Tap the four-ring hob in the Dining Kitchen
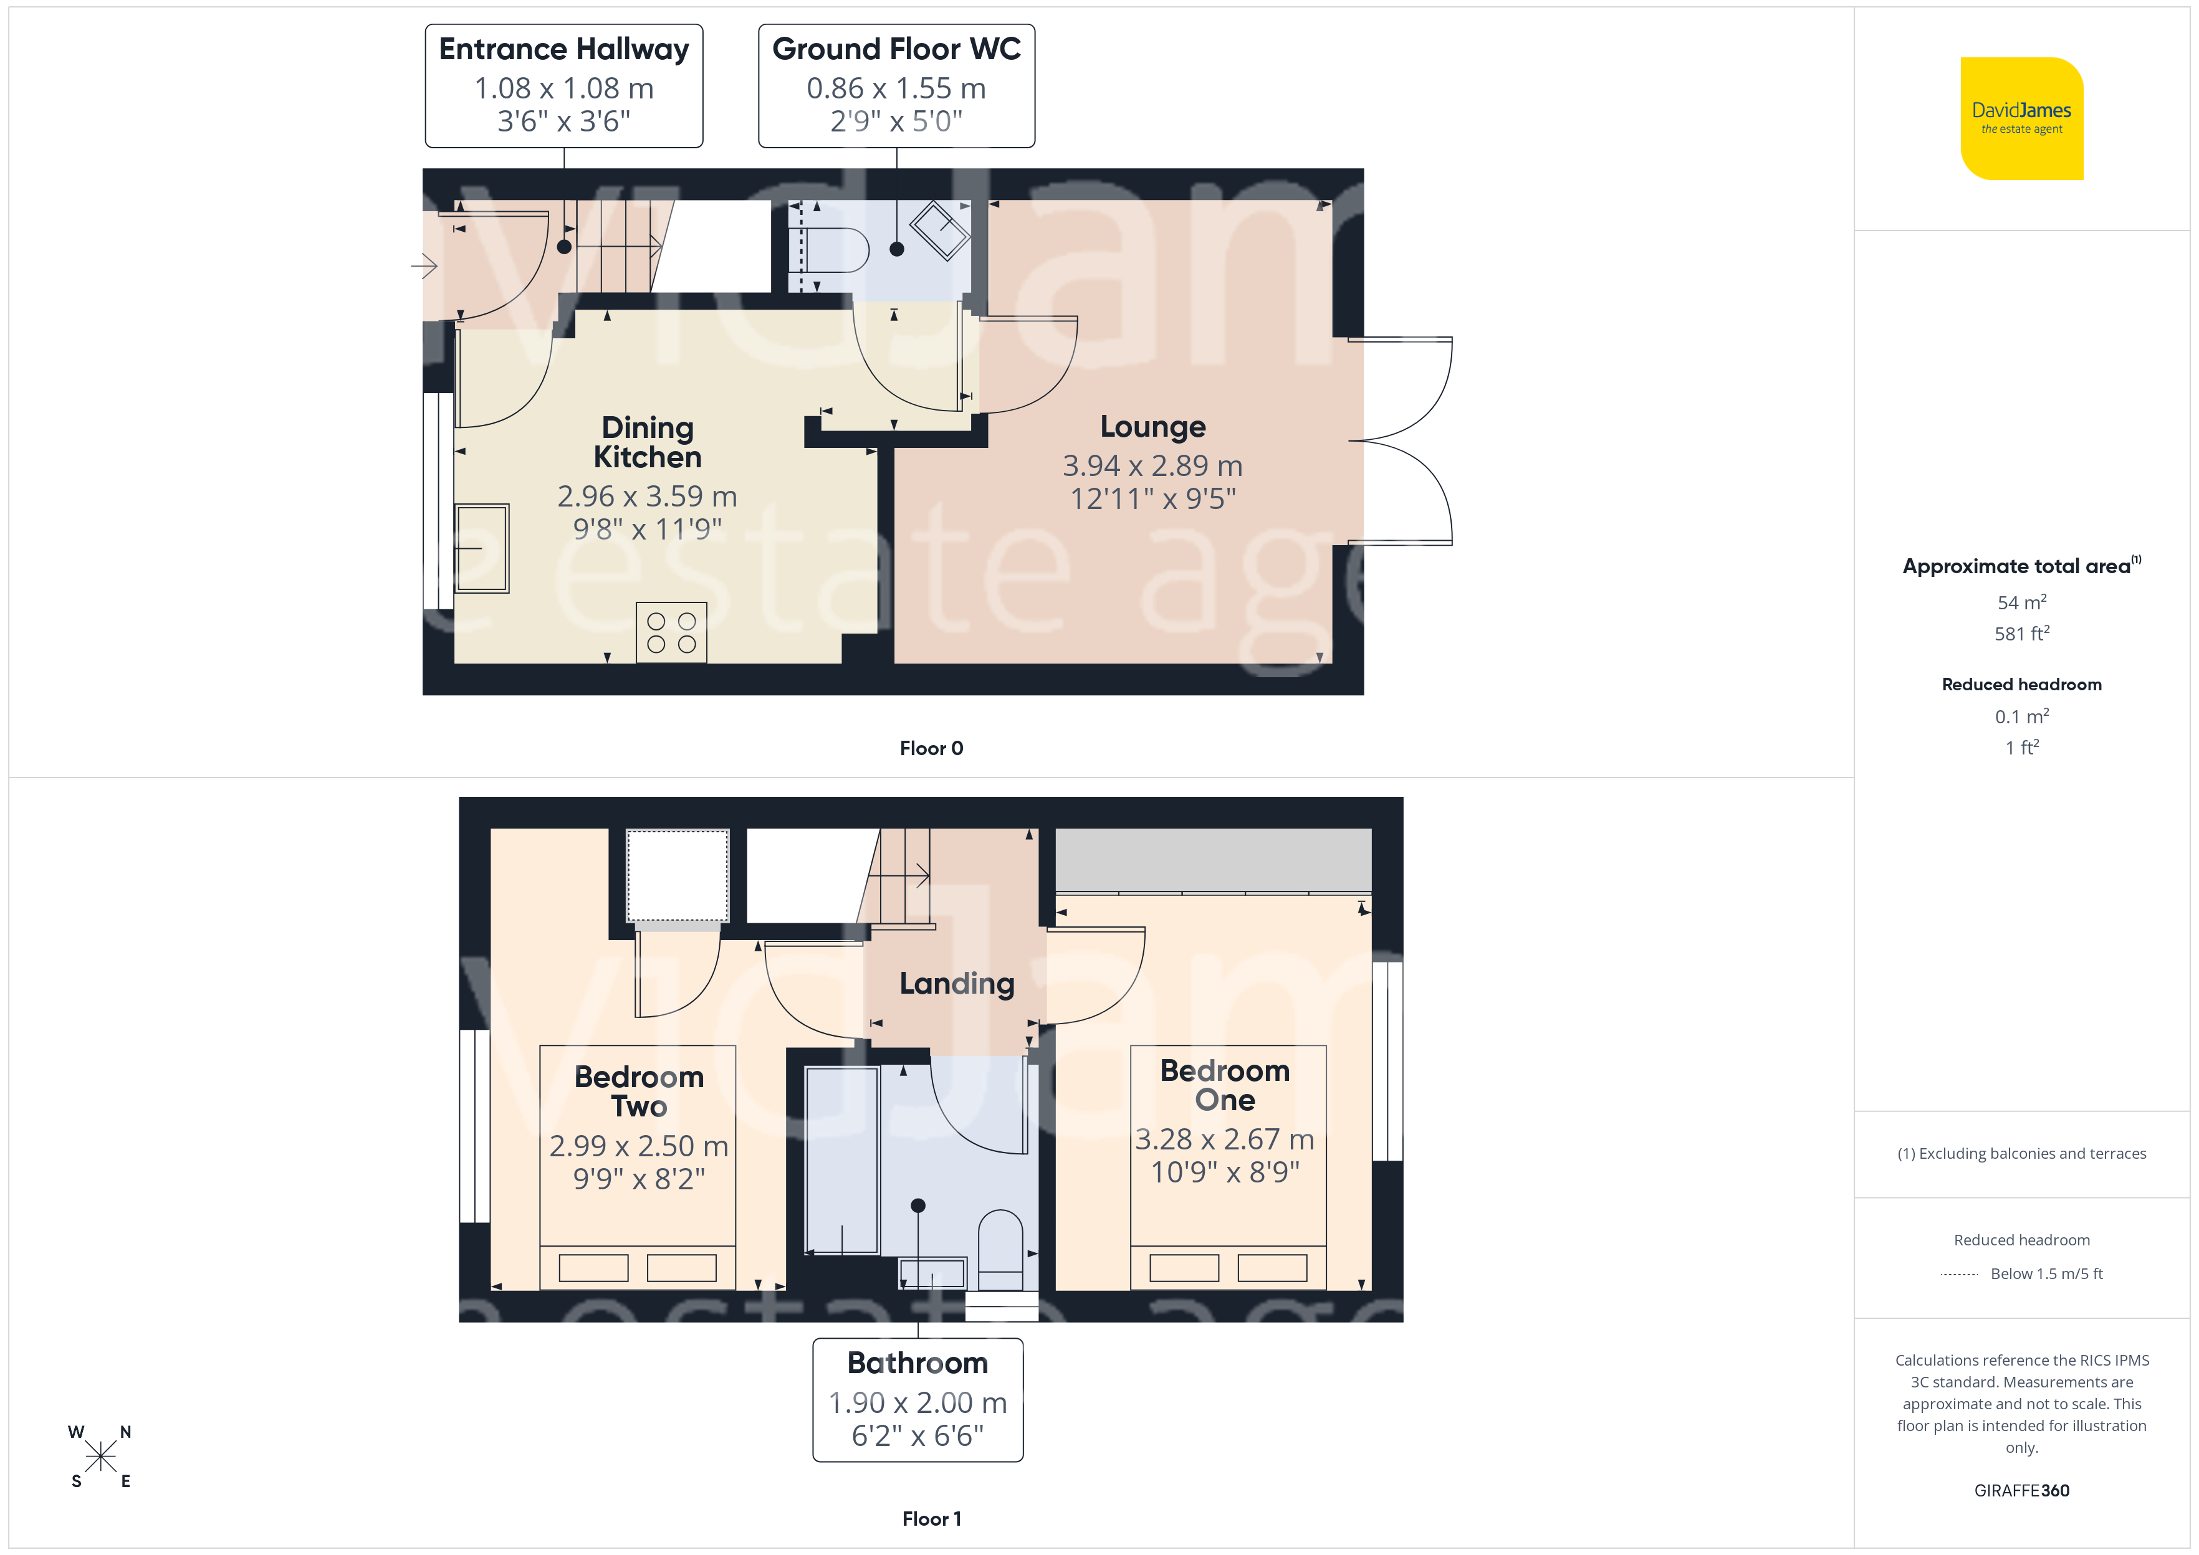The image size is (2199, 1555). point(671,633)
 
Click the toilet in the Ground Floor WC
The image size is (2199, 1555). point(836,250)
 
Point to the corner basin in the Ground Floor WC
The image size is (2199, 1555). point(939,230)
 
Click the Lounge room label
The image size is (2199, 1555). point(1152,426)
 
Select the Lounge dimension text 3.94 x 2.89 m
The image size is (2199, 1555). point(1152,466)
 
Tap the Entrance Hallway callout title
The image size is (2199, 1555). point(564,49)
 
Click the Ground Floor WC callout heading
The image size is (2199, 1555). point(896,49)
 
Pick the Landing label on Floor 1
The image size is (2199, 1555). point(957,983)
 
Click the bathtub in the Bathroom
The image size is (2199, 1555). point(842,1161)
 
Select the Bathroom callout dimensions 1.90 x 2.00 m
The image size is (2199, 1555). point(917,1403)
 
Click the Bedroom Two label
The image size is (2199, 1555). point(639,1091)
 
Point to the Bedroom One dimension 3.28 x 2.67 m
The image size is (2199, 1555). point(1225,1139)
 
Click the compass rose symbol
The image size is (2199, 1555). point(100,1457)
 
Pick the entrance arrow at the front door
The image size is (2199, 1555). point(424,265)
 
